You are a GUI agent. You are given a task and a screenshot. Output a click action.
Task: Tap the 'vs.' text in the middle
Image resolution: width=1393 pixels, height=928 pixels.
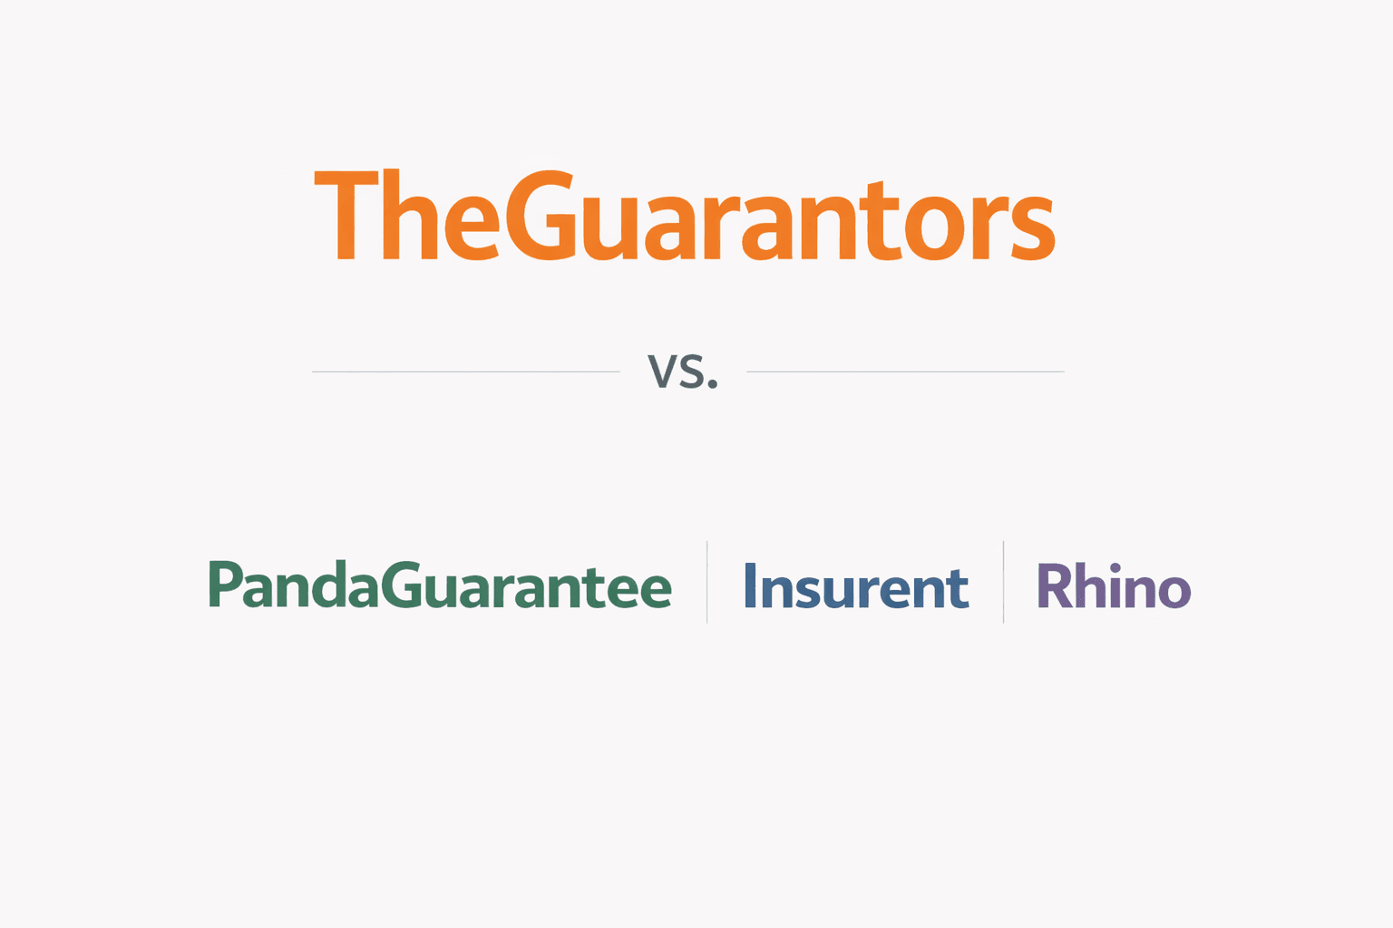682,372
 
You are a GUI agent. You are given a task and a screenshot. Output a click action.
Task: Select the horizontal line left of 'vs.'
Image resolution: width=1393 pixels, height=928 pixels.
466,372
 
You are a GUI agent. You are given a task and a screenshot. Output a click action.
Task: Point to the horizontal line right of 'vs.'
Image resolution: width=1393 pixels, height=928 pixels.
905,372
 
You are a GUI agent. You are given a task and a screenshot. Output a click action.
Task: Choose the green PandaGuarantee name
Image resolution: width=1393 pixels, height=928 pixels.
441,585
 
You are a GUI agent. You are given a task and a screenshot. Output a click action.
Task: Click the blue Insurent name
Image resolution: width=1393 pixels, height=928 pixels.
856,586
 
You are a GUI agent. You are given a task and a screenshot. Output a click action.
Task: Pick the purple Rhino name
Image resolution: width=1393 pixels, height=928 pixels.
1113,586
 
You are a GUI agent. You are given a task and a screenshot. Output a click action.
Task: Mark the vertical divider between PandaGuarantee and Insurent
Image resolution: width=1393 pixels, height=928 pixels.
707,582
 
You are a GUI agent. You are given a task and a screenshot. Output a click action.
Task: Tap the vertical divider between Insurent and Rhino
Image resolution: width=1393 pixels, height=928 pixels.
1003,582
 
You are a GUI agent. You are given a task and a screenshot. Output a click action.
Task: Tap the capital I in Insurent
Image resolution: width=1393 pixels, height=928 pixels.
750,585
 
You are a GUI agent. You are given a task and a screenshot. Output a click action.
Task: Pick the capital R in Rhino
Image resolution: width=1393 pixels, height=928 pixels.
1055,586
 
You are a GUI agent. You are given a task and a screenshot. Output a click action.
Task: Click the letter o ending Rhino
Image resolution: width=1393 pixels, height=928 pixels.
1174,592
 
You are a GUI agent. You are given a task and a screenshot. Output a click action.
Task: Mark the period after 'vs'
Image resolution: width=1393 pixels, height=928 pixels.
713,384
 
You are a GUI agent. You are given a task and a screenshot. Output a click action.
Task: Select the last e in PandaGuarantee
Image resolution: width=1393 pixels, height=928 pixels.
654,592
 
